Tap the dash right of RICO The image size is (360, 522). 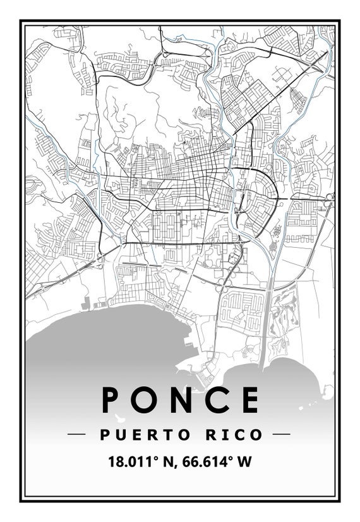tap(281, 435)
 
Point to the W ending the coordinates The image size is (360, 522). tap(244, 462)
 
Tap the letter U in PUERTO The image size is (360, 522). tap(121, 435)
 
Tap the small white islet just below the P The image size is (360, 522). tap(117, 418)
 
